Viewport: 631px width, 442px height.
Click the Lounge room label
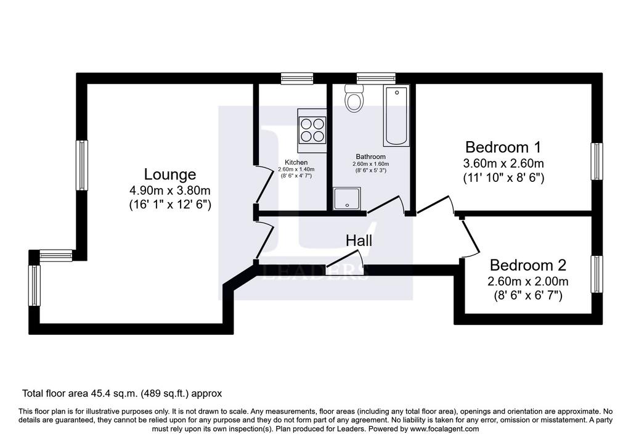coord(170,174)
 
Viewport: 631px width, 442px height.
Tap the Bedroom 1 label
coord(503,147)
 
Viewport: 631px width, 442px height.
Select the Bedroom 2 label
coord(527,265)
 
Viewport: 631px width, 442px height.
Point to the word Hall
coord(359,240)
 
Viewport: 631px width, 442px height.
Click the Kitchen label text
coord(296,162)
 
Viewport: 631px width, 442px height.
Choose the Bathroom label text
coord(370,157)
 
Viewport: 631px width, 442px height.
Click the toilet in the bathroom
coord(354,98)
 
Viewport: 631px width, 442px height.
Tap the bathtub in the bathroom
coord(397,115)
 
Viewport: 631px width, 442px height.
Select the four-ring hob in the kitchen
coord(312,129)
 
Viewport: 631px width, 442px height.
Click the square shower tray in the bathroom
coord(347,198)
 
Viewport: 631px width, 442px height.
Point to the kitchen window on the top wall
coord(297,78)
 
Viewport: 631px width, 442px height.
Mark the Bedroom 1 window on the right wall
coord(596,162)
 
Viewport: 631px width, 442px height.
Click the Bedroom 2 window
coord(596,274)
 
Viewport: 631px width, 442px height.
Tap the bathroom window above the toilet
coord(376,78)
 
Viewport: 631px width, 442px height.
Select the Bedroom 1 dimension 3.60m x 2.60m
coord(503,163)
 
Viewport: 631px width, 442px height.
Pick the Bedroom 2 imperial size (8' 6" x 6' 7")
coord(527,296)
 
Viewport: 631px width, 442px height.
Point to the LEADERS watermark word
coord(315,272)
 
